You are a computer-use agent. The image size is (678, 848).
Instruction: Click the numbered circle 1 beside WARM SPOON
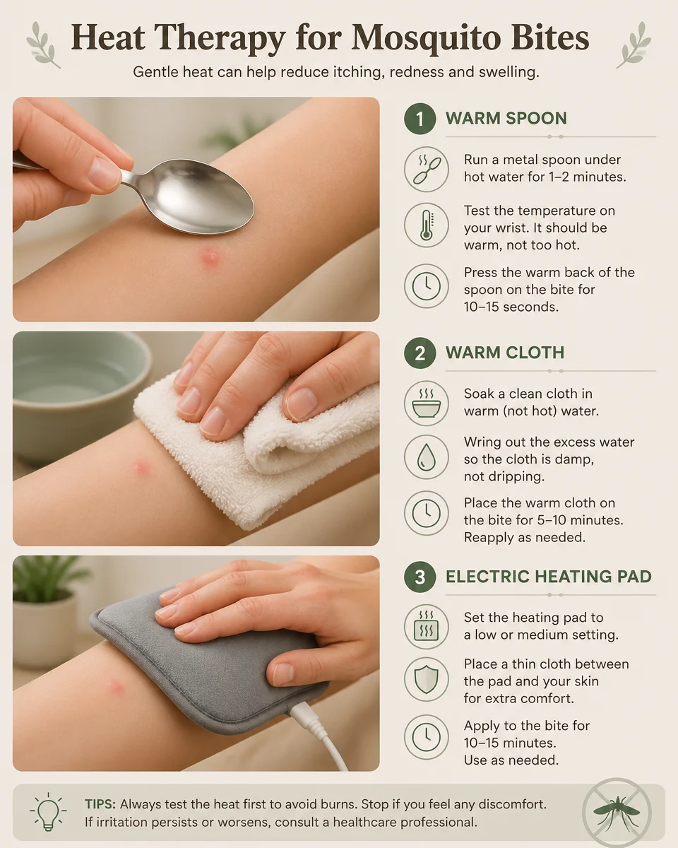(420, 119)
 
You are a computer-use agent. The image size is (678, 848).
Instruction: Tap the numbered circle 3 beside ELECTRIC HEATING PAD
(420, 577)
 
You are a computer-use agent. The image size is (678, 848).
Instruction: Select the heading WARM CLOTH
(504, 353)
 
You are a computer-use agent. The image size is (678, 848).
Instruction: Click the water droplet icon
(426, 458)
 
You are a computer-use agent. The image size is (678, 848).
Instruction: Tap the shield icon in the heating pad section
(426, 680)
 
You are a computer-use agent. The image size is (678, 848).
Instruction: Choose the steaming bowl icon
(426, 404)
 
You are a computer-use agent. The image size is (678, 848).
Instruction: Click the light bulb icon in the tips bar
(47, 811)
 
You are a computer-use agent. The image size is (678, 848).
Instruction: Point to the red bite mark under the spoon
(209, 257)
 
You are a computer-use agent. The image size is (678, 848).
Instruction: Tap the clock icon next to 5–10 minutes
(426, 514)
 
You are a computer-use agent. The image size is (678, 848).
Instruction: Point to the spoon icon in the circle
(426, 170)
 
